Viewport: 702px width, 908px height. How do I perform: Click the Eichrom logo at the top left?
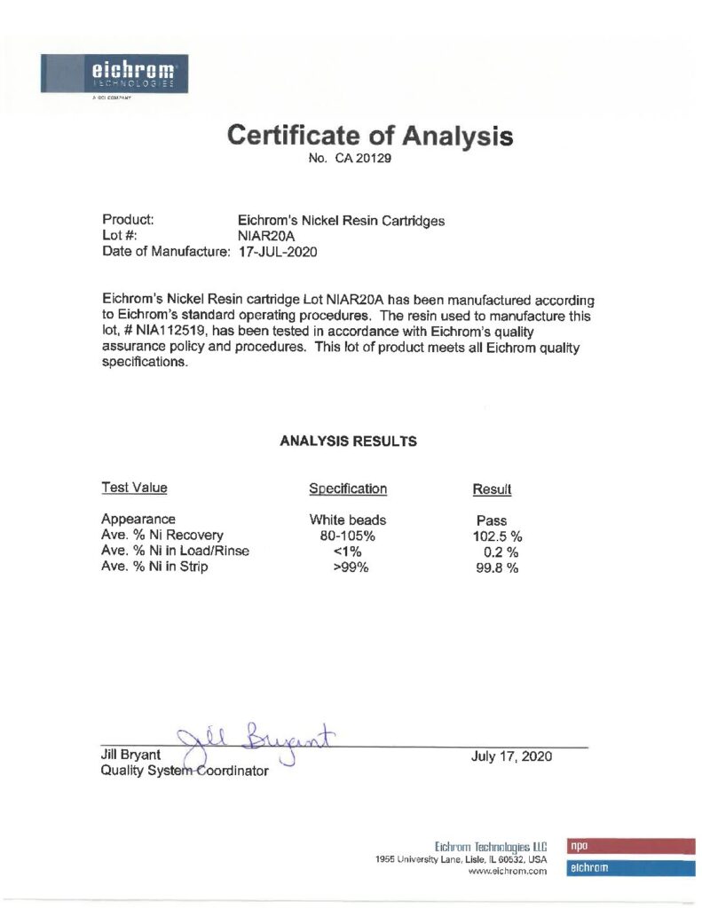(x=113, y=73)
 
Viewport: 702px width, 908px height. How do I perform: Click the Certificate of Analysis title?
(x=370, y=136)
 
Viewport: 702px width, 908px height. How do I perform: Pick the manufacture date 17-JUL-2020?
(x=278, y=252)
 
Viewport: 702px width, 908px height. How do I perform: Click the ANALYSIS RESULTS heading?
(x=348, y=441)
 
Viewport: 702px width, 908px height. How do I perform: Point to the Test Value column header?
(x=134, y=488)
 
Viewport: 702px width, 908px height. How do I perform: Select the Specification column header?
(x=348, y=489)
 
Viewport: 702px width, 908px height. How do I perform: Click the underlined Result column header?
(x=493, y=489)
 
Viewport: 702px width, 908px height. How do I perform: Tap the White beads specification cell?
(x=348, y=520)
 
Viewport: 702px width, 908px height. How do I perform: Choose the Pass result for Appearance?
(x=492, y=521)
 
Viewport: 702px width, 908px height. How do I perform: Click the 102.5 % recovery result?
(x=497, y=536)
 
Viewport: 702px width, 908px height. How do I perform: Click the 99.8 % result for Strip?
(x=497, y=568)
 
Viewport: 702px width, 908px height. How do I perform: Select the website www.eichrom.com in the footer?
(x=508, y=872)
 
